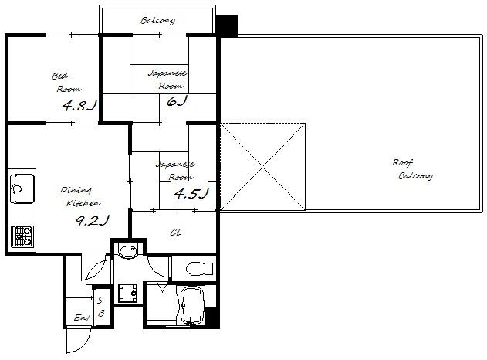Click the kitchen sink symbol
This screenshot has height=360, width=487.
coord(22,188)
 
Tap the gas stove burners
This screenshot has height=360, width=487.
coord(22,236)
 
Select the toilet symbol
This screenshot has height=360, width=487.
coord(200,269)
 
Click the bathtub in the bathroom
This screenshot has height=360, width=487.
coord(191,306)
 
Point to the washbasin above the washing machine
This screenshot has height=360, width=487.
coord(128,252)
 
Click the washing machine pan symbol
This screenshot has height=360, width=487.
coord(127,293)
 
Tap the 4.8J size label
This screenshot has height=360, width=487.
coord(79,106)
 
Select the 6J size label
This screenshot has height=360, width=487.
coord(177,101)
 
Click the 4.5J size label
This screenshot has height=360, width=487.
coord(191,193)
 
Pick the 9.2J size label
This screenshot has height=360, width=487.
coord(93,220)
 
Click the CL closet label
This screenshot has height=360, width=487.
coord(175,233)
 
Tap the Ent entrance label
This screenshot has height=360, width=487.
coord(83,318)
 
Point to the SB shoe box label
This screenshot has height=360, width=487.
coord(100,307)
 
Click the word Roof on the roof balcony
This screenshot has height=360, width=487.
coord(403,162)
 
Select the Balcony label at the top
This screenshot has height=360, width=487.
coord(157,21)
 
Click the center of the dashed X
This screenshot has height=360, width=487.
coord(262,168)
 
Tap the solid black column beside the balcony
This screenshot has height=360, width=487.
coord(227,26)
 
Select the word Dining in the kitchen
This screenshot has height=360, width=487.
coord(76,190)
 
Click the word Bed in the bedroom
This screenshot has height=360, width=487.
coord(60,76)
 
